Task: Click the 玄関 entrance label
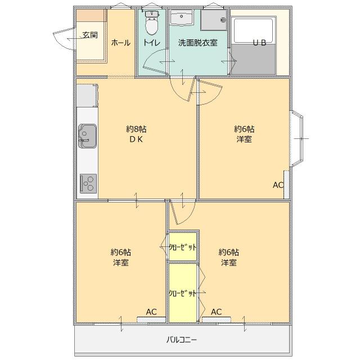pyautogui.click(x=90, y=35)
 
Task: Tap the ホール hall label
pyautogui.click(x=120, y=43)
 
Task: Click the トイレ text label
pyautogui.click(x=151, y=43)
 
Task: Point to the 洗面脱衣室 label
pyautogui.click(x=198, y=43)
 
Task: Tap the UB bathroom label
pyautogui.click(x=259, y=43)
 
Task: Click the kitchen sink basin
pyautogui.click(x=87, y=136)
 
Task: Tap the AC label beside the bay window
pyautogui.click(x=278, y=185)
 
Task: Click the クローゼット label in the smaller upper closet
pyautogui.click(x=183, y=246)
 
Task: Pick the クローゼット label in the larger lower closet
pyautogui.click(x=183, y=293)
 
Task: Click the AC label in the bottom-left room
pyautogui.click(x=151, y=312)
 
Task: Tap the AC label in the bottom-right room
pyautogui.click(x=217, y=312)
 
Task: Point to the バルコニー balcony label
pyautogui.click(x=182, y=340)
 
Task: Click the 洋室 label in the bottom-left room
pyautogui.click(x=120, y=262)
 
